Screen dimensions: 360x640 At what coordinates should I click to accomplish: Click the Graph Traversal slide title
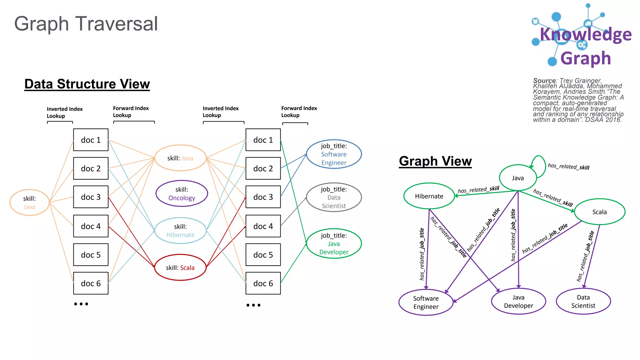tap(86, 24)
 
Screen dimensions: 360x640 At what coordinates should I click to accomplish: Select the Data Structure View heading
tap(87, 84)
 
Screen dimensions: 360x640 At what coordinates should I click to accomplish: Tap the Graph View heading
tap(435, 161)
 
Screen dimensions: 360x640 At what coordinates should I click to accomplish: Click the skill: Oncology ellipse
tap(182, 194)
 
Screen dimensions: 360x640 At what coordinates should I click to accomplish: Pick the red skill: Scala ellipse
tap(180, 267)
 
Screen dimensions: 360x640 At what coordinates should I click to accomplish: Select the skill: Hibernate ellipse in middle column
tap(180, 231)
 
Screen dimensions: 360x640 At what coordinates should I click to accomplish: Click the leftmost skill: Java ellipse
tap(29, 202)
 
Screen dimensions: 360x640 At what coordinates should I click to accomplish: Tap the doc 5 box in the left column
tap(91, 255)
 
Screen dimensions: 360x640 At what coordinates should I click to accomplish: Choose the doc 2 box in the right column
tap(263, 168)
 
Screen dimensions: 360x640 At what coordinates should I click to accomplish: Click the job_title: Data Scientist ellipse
tap(334, 197)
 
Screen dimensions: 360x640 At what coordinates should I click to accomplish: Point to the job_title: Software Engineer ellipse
tap(334, 154)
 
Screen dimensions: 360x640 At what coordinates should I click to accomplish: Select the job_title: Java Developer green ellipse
tap(334, 244)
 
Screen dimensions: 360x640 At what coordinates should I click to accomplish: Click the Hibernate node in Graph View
tap(429, 196)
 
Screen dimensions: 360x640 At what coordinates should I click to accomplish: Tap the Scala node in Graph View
tap(599, 212)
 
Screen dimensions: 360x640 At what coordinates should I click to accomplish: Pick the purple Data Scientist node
tap(583, 302)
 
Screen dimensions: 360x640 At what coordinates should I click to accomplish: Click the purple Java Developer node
tap(518, 302)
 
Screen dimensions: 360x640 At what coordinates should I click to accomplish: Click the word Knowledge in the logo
tap(586, 34)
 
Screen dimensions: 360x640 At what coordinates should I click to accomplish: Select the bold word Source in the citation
tap(544, 81)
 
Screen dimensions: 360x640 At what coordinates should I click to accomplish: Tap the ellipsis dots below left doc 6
tap(81, 304)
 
